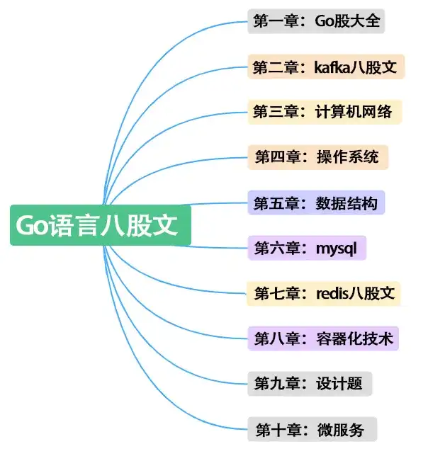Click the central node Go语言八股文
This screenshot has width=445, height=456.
click(100, 225)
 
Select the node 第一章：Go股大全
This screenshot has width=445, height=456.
click(316, 21)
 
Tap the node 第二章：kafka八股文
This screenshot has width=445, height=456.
click(326, 67)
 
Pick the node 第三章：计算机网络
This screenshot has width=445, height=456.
click(325, 112)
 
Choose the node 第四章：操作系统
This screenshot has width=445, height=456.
click(318, 157)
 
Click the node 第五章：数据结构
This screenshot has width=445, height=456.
click(316, 203)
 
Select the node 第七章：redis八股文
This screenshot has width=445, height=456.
click(324, 292)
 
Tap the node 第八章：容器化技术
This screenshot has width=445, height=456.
click(323, 338)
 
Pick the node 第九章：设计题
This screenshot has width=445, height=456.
click(310, 383)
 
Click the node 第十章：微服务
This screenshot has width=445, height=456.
click(312, 428)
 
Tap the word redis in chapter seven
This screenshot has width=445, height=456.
click(332, 292)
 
